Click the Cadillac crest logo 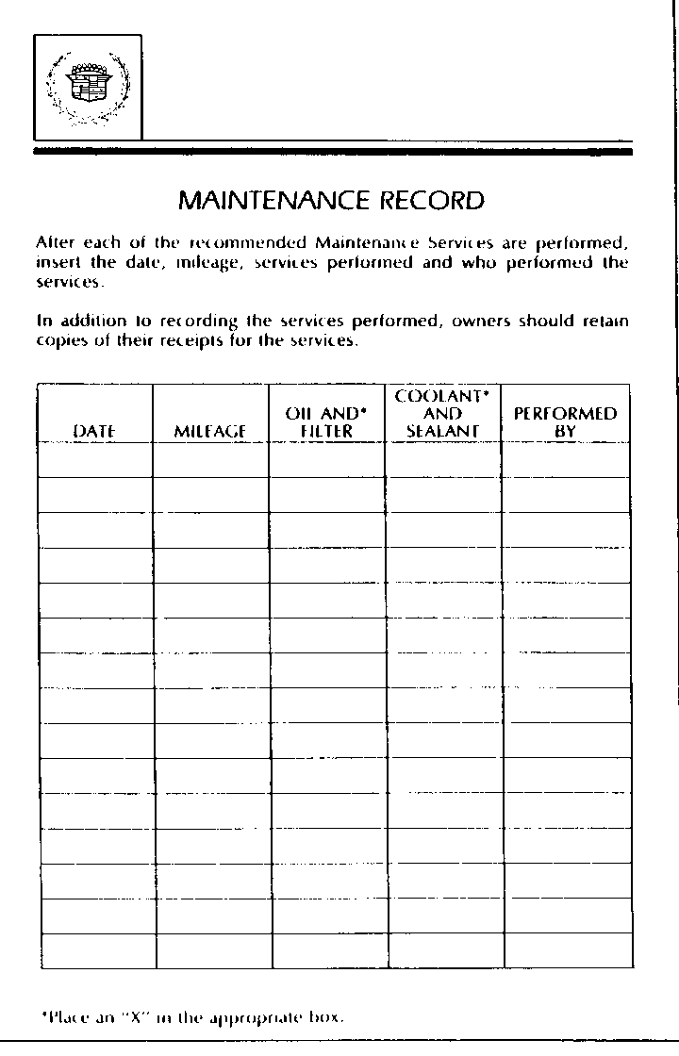tap(87, 87)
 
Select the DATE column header tap(94, 431)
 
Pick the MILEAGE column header tap(210, 431)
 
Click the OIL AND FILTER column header tap(325, 422)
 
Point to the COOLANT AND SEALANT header tap(442, 413)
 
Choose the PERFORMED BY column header tap(565, 422)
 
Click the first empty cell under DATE tap(95, 460)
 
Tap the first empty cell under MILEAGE tap(211, 460)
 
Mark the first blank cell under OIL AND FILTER tap(326, 460)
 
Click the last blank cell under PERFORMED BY tap(568, 950)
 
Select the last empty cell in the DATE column tap(97, 950)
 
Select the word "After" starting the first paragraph tap(55, 243)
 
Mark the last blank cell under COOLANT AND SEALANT tap(445, 950)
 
